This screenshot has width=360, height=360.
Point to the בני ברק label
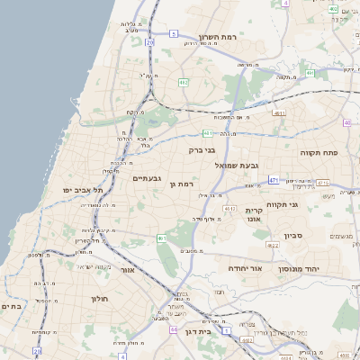click(x=202, y=150)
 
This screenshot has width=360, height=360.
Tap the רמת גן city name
click(x=182, y=184)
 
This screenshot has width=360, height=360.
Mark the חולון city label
click(x=99, y=297)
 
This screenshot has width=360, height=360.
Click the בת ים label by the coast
click(x=12, y=306)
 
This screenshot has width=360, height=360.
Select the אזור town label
click(x=127, y=269)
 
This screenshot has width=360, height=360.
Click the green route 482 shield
click(x=184, y=83)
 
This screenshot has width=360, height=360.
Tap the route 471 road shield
click(x=274, y=180)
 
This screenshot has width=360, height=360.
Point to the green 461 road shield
click(x=161, y=238)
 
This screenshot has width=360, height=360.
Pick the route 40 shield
click(x=347, y=123)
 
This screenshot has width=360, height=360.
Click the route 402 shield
click(x=333, y=9)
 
